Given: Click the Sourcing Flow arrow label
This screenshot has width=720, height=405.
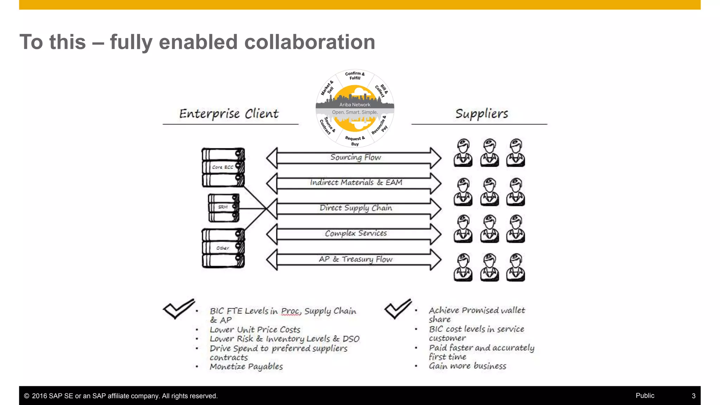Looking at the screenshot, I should pos(355,157).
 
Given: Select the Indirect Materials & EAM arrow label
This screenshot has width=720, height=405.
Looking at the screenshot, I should pos(356,182).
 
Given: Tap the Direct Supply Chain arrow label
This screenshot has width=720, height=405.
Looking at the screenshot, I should pos(356,208).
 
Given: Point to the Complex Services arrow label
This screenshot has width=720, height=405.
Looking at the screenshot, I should pos(356,233).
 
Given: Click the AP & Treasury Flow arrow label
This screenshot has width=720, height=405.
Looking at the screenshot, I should pos(355,259).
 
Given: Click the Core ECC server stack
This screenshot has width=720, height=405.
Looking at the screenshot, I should pos(223,167).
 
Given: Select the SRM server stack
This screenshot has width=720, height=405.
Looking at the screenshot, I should pos(224,207).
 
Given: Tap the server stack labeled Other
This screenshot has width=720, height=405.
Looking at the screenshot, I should pos(223,248).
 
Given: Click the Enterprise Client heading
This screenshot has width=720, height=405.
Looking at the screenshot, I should pos(229,114).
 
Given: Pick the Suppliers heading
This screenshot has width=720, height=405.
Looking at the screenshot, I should pos(482,114).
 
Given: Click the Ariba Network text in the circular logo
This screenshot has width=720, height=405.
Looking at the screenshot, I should pos(355,105).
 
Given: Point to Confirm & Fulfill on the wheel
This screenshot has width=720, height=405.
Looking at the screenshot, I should pos(355,76).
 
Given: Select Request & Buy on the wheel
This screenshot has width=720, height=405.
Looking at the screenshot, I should pos(355,141).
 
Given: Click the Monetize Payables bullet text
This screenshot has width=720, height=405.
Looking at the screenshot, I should pos(246,367).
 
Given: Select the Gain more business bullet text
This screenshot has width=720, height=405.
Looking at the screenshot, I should pos(467,366).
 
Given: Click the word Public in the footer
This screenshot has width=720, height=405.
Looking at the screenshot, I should pos(645,396).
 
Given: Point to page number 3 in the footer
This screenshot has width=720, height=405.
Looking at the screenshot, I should pos(693,396).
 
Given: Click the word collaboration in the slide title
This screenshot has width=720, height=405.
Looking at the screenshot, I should pos(309,42).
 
